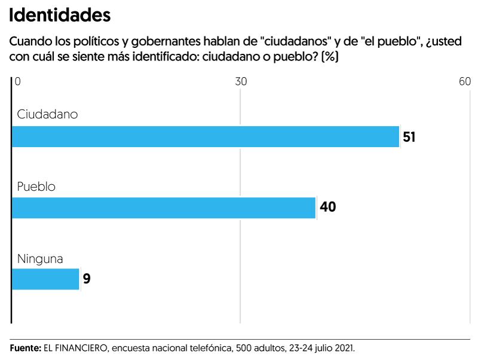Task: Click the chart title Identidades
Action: click(x=60, y=15)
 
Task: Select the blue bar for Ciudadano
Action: click(x=205, y=136)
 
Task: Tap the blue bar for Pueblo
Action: click(x=163, y=208)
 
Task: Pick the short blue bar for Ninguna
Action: click(x=45, y=279)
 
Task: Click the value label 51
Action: click(x=409, y=137)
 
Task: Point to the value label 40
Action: click(x=328, y=208)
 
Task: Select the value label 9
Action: click(x=87, y=279)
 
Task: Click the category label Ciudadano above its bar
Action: click(x=47, y=114)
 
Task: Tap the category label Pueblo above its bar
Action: click(x=36, y=186)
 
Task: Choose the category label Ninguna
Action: click(x=40, y=259)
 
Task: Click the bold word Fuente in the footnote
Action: click(x=25, y=347)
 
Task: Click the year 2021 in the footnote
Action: click(x=343, y=347)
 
